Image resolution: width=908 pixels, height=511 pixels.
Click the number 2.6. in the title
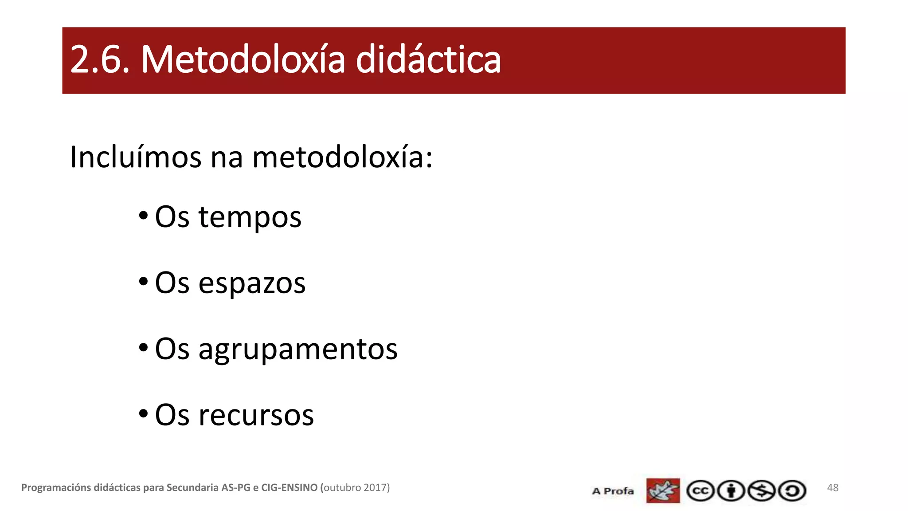100,59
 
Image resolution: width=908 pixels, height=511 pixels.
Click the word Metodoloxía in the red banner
243,59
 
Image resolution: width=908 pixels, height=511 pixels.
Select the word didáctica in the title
428,59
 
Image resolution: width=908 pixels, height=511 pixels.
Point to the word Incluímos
136,157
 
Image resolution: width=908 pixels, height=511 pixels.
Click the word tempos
250,217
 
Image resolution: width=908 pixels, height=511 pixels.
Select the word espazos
252,283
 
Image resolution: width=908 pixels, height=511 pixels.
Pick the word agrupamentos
298,350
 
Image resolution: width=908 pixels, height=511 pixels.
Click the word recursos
256,415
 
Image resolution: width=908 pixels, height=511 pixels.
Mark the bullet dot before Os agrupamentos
143,347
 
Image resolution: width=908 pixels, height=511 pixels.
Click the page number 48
833,488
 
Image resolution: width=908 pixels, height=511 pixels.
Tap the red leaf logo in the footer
663,491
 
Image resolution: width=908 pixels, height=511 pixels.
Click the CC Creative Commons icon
700,491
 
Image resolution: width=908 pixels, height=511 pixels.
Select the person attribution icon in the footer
731,491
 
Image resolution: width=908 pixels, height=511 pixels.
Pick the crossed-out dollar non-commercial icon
761,491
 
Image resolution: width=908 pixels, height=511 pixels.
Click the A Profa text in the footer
613,491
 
